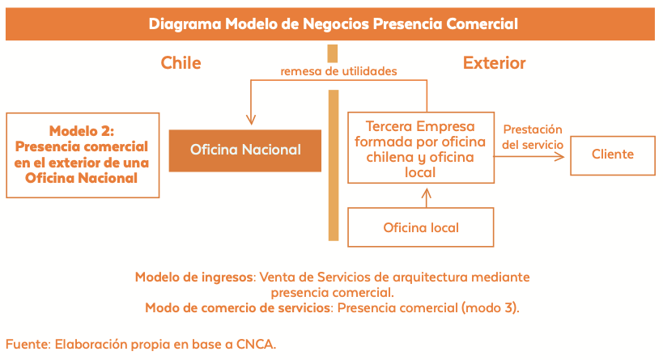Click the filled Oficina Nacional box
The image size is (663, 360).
tap(244, 150)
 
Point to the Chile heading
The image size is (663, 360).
tap(181, 63)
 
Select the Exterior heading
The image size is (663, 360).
tap(495, 63)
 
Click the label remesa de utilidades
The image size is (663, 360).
tap(338, 71)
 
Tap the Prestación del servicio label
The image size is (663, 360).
tap(533, 137)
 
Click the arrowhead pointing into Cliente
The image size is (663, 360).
tap(560, 157)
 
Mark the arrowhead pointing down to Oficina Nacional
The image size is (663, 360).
tap(251, 120)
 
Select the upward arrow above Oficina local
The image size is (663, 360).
tap(426, 197)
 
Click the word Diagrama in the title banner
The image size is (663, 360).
tap(185, 24)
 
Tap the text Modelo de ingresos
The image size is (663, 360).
tap(195, 277)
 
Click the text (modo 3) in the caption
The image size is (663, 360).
tap(490, 308)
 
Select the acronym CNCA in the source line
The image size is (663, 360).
tap(254, 345)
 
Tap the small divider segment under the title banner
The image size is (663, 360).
tap(333, 53)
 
